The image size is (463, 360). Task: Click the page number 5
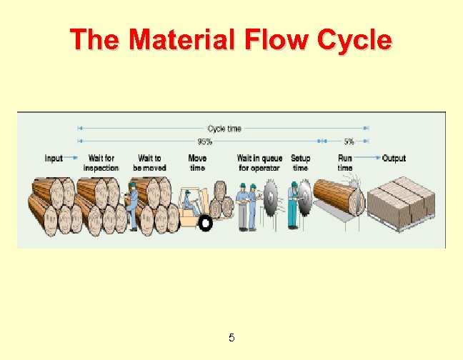(x=231, y=337)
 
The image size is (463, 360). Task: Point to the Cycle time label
(x=224, y=129)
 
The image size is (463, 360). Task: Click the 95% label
(x=205, y=141)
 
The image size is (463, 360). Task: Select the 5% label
(x=349, y=141)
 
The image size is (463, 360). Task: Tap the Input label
(x=54, y=158)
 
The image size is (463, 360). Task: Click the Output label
(x=394, y=158)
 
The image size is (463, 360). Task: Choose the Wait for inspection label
(x=101, y=163)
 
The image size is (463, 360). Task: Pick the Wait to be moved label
(x=149, y=163)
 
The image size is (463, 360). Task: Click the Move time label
(x=197, y=163)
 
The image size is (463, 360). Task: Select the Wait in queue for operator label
(x=259, y=163)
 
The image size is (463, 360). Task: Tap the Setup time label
(x=300, y=163)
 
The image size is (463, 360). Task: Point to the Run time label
(x=345, y=163)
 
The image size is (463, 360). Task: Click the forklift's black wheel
(x=206, y=223)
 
